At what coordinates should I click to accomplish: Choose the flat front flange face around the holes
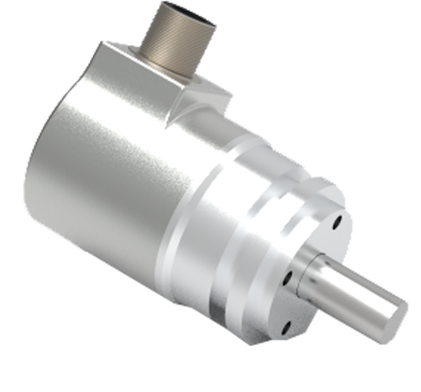pyautogui.click(x=313, y=234)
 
